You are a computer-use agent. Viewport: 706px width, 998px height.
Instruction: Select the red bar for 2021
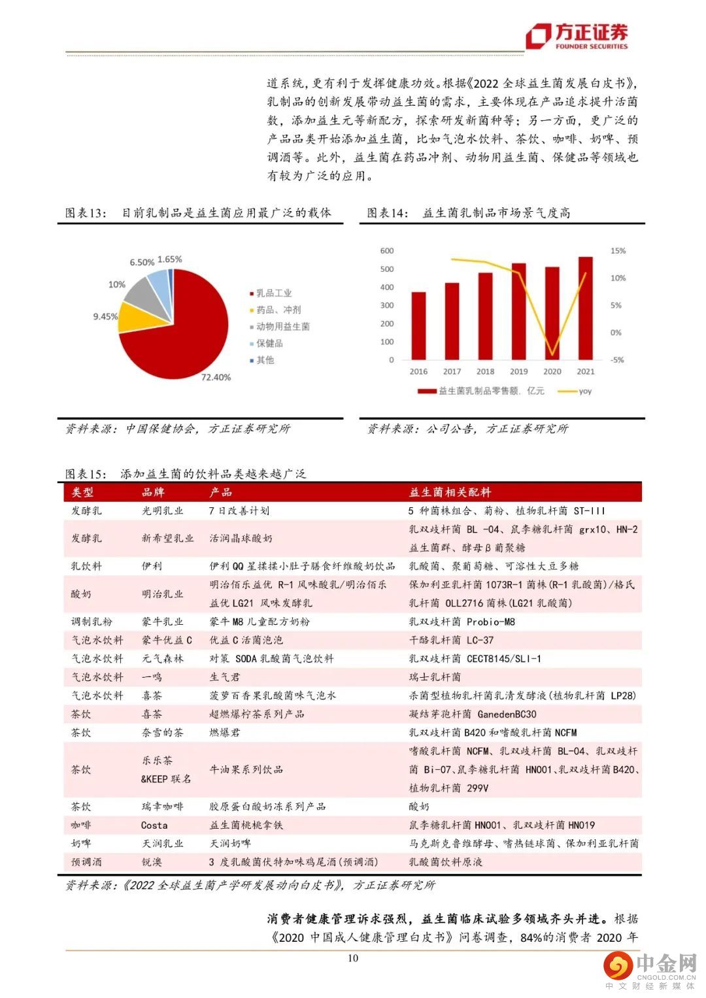(x=586, y=308)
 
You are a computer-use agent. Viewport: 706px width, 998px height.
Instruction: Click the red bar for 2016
(x=418, y=325)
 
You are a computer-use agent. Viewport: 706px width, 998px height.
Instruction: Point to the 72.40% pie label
(x=216, y=377)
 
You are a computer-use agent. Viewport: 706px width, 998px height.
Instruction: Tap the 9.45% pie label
(x=105, y=316)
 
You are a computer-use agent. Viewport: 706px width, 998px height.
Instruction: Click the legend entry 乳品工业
(x=273, y=293)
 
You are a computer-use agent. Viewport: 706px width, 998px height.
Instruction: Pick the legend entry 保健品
(x=269, y=343)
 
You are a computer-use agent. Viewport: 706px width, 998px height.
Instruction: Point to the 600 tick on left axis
(x=387, y=251)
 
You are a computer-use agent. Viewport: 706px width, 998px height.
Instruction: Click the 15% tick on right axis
(x=618, y=251)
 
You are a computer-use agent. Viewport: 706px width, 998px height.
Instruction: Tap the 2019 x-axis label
(x=518, y=371)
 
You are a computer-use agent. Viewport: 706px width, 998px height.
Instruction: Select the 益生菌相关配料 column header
(x=450, y=492)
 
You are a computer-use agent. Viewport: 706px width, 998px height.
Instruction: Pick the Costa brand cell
(x=154, y=825)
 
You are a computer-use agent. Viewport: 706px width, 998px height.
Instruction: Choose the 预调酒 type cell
(x=86, y=862)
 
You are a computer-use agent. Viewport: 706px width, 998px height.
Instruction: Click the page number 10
(x=353, y=958)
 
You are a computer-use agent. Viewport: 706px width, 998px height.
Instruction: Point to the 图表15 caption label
(x=85, y=474)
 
